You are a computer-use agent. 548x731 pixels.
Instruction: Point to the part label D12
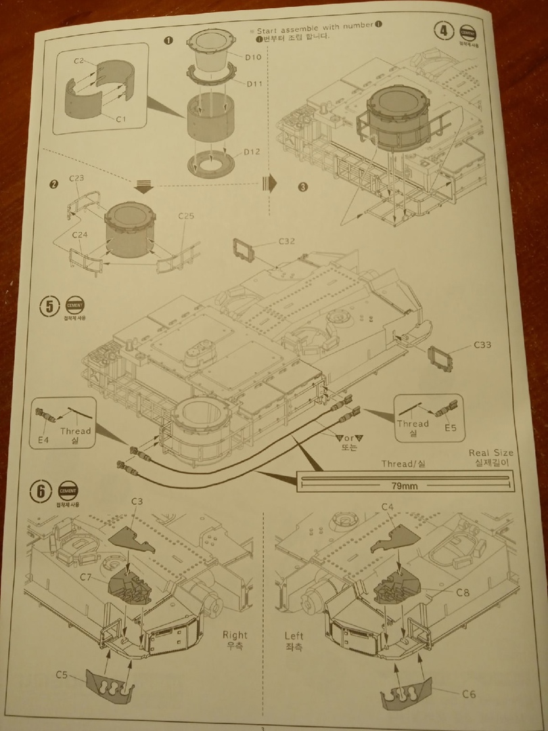tap(252, 151)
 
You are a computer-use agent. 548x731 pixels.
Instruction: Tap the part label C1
tap(122, 119)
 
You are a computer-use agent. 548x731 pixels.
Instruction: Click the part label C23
tap(76, 179)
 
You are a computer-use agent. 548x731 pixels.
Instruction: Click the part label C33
tap(482, 345)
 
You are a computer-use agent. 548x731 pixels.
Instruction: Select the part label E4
tap(44, 440)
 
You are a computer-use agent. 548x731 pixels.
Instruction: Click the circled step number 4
tap(444, 32)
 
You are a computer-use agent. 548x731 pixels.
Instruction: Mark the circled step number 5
tap(49, 306)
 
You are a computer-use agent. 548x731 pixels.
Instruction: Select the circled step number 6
tap(41, 491)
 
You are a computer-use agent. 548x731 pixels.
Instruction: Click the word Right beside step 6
tap(235, 635)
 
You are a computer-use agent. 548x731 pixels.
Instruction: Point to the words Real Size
tap(490, 453)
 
